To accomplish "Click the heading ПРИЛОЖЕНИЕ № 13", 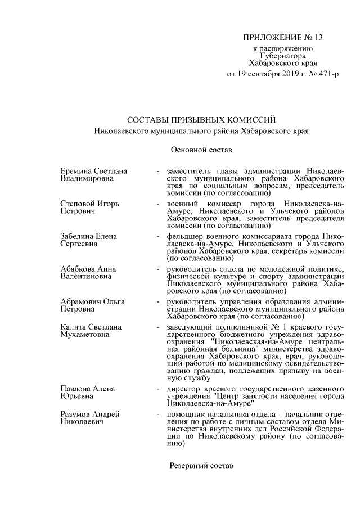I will [x=283, y=38].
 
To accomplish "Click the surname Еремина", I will [x=77, y=170].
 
